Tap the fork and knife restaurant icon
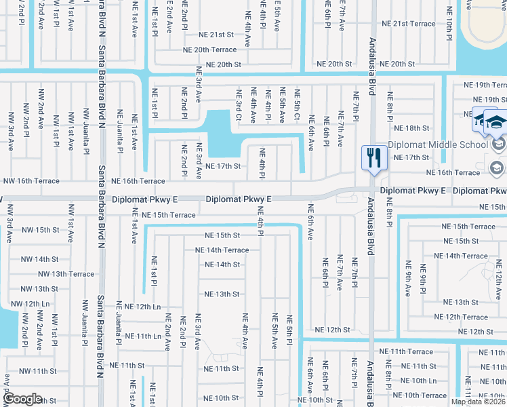pos(373,158)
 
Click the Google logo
pos(23,398)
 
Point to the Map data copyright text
pos(479,402)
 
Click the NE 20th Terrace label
pos(210,50)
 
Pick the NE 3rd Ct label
pos(238,105)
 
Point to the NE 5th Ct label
pos(297,105)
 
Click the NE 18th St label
pos(416,128)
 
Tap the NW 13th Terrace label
pos(66,274)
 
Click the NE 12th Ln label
pos(142,307)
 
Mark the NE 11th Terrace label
pos(406,351)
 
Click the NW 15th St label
pos(39,230)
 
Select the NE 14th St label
pos(222,265)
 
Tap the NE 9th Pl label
pos(422,279)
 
